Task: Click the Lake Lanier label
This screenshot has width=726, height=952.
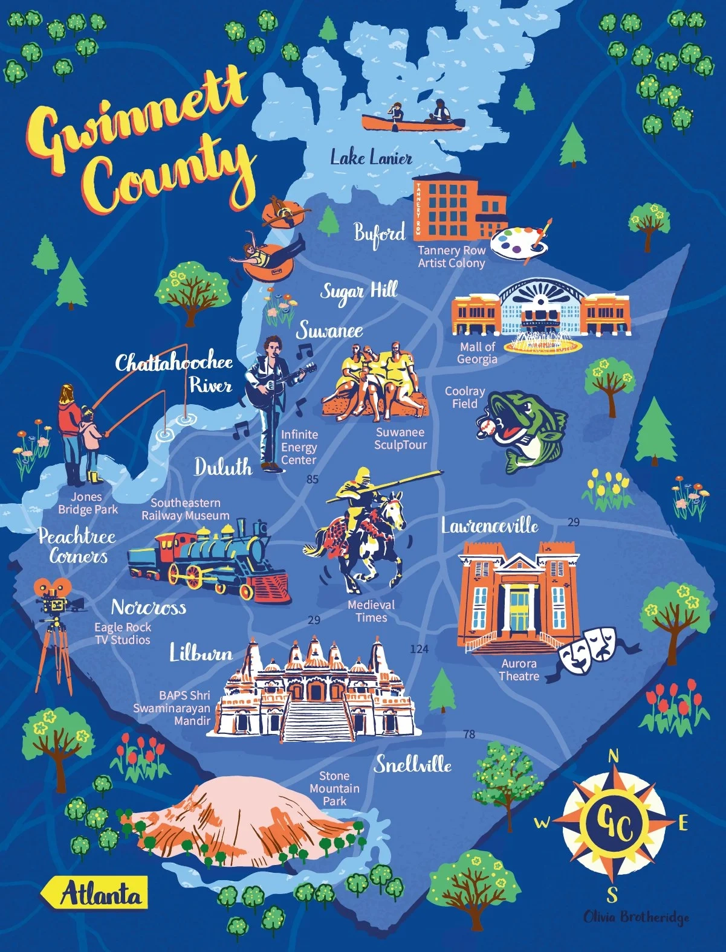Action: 371,158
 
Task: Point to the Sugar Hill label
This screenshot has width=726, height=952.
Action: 358,292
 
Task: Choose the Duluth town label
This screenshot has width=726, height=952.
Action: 222,467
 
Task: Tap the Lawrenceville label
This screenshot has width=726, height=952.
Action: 489,526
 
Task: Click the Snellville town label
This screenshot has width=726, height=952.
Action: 412,765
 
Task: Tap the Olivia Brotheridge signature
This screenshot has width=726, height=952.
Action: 635,917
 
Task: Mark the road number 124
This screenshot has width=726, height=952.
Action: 418,649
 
